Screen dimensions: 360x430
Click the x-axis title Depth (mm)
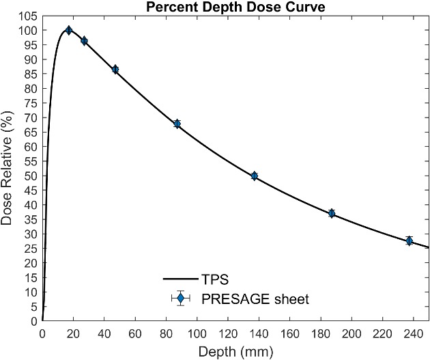tap(236, 351)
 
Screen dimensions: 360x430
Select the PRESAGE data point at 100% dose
tap(68, 30)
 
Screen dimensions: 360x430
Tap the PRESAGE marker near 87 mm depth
tap(177, 124)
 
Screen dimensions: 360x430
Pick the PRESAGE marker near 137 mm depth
tap(255, 176)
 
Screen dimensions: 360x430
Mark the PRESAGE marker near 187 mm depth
tap(332, 213)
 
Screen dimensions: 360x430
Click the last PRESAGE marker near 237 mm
tap(410, 240)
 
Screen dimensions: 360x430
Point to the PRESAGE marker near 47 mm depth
tap(115, 70)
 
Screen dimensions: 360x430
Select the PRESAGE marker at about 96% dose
tap(84, 41)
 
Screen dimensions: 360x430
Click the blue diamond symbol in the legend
tap(180, 298)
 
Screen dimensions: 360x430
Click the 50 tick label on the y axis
tap(31, 176)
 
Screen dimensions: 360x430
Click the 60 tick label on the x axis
tap(135, 334)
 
